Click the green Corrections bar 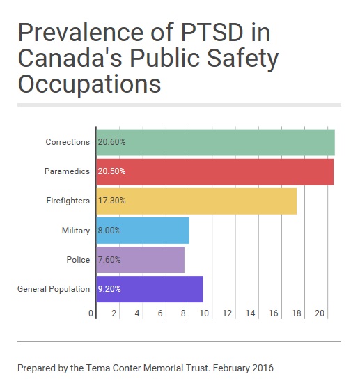(215, 142)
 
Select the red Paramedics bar (215, 172)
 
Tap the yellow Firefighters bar (196, 201)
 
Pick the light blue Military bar (143, 231)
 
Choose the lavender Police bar (140, 260)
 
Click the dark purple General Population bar (150, 289)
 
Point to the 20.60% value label (111, 142)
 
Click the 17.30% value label (111, 201)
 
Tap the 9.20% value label (109, 289)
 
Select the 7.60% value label (109, 260)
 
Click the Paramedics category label (67, 171)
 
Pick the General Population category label (54, 289)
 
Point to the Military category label (76, 231)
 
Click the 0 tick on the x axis (91, 313)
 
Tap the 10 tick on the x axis (204, 313)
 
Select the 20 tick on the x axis (320, 313)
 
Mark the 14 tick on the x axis (250, 313)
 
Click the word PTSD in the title (212, 32)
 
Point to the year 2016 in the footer (263, 368)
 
